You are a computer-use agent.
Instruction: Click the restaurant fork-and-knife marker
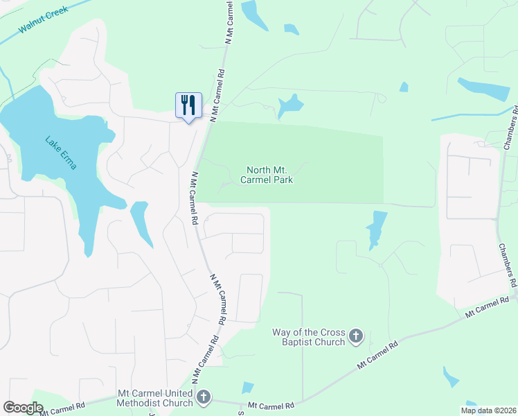188,105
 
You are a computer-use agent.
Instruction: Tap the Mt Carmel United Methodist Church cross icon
203,397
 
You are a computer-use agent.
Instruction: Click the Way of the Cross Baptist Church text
309,337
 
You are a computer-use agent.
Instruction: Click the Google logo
23,408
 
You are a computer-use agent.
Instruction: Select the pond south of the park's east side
376,229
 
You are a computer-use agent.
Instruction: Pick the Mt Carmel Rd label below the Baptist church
377,355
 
